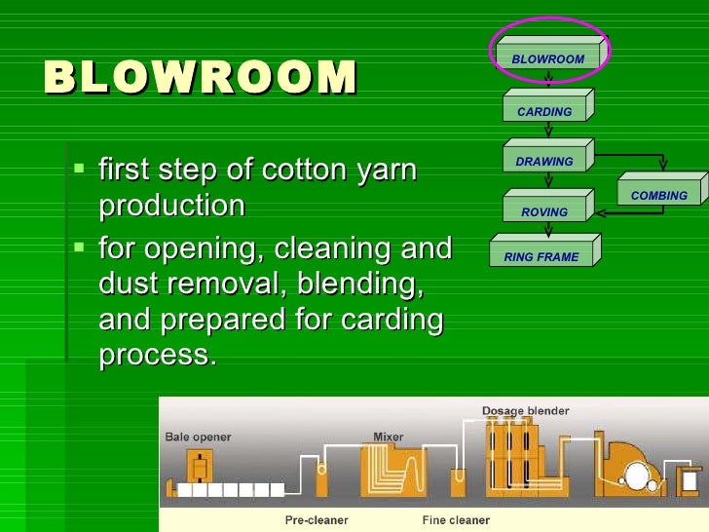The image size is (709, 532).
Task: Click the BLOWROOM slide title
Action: point(201,79)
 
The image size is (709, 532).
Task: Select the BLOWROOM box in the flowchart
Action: point(548,59)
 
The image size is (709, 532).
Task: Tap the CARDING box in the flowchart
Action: point(544,111)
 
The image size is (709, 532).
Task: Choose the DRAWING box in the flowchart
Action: point(544,162)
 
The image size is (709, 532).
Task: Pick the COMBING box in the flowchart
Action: point(658,195)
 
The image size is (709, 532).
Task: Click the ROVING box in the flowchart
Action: point(544,211)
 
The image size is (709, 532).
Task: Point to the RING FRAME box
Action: point(541,257)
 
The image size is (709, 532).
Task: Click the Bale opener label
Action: point(199,437)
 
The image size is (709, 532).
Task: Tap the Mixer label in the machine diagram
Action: point(389,436)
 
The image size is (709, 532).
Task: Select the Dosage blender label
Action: point(525,411)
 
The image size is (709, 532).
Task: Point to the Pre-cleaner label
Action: point(318,520)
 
